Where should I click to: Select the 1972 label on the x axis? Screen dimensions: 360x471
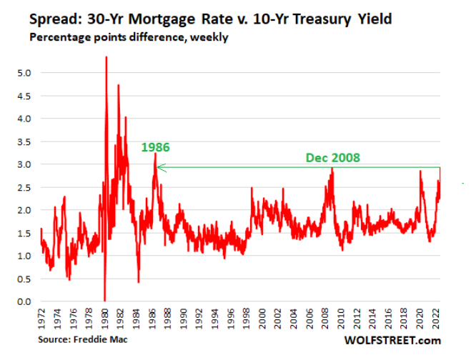tap(41, 319)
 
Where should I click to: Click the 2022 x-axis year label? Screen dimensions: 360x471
tap(437, 319)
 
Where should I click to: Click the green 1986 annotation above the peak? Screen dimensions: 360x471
tap(155, 148)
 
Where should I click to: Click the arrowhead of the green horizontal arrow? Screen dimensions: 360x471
tap(160, 168)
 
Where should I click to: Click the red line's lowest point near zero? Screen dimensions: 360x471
tap(104, 300)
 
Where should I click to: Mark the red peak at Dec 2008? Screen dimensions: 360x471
tap(332, 169)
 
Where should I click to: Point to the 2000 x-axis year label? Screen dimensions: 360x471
tap(263, 319)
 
